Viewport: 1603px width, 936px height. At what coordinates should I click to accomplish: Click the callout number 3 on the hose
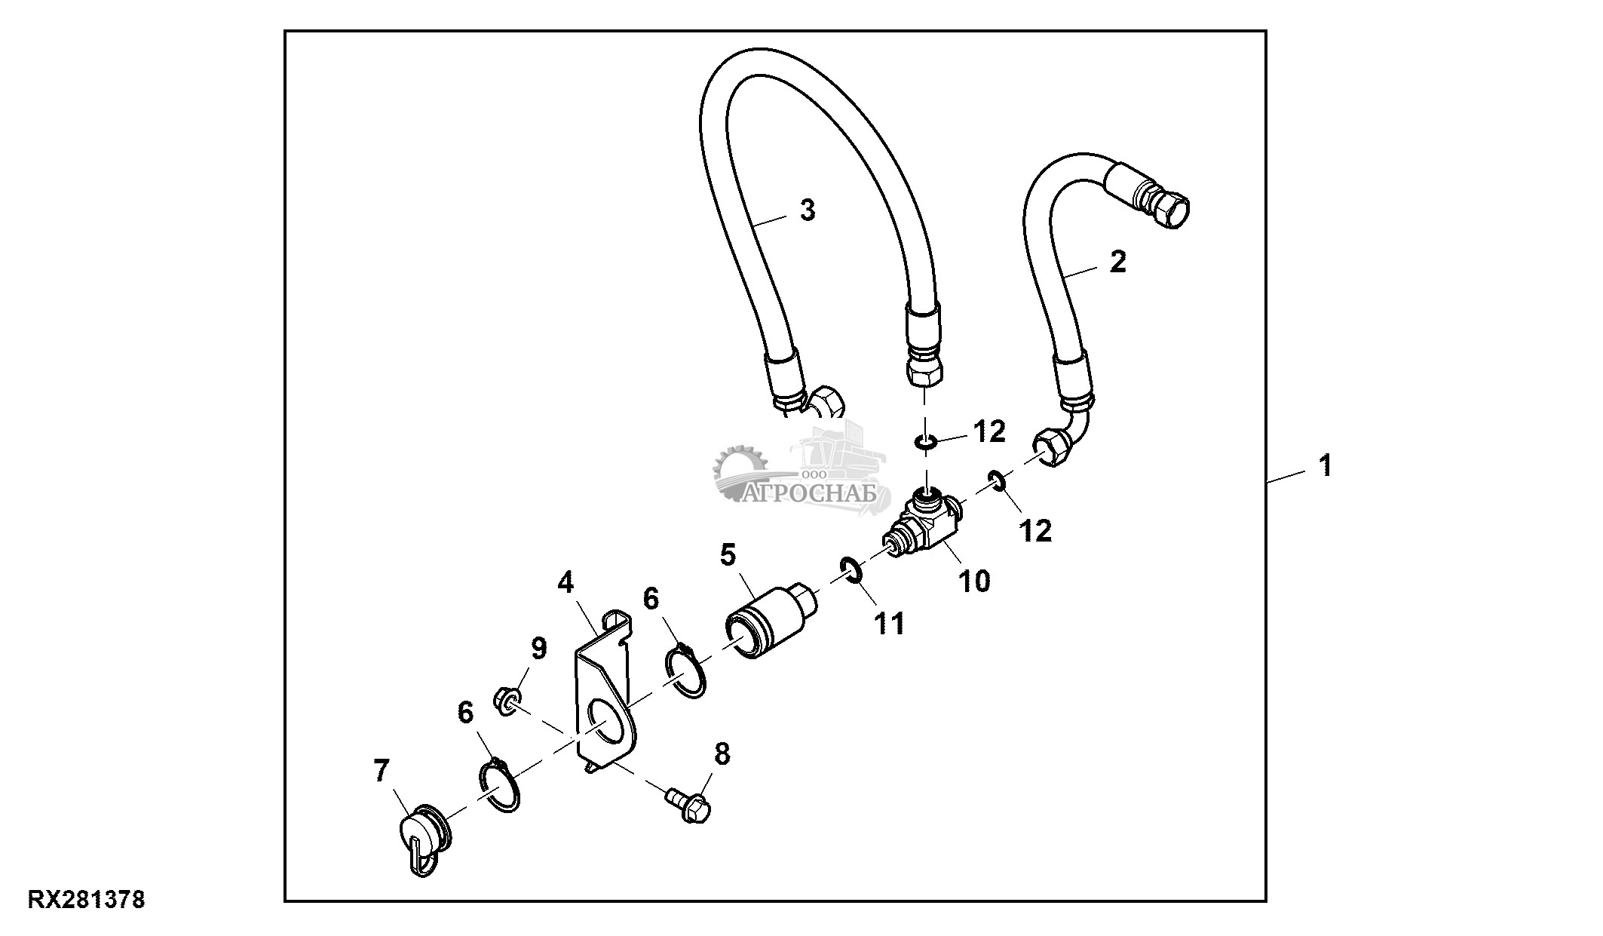coord(808,210)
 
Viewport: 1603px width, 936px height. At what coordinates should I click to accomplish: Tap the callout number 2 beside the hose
coord(1118,262)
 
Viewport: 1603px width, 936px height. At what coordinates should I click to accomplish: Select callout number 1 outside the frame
coord(1325,465)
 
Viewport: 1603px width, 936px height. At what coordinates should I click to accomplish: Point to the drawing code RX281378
coord(87,901)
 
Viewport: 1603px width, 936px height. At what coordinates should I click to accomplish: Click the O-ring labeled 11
coord(851,569)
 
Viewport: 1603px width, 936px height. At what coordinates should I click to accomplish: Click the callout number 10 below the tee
coord(975,581)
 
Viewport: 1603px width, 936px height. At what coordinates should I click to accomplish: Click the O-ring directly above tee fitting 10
coord(925,441)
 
